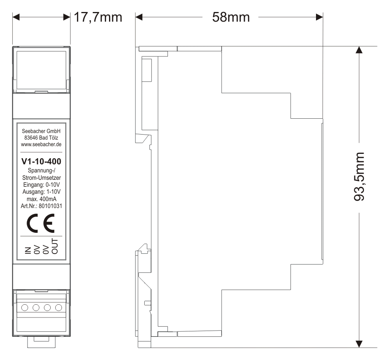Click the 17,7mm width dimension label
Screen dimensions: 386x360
[x=98, y=17]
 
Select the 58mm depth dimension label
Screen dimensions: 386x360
[x=231, y=17]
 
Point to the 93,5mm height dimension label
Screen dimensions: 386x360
[x=359, y=177]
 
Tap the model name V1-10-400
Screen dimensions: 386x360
[x=41, y=161]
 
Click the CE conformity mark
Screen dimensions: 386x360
[x=41, y=223]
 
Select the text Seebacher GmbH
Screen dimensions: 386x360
[x=41, y=131]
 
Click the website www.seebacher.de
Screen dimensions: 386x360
[x=41, y=145]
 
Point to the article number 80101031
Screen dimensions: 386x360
[x=50, y=206]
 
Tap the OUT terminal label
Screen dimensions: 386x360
[x=55, y=246]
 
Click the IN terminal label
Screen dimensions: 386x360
[x=28, y=250]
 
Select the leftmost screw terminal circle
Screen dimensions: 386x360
[x=25, y=307]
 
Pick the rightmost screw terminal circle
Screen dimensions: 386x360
[x=58, y=307]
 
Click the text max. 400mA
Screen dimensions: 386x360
[x=41, y=199]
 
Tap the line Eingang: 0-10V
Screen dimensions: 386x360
[x=41, y=184]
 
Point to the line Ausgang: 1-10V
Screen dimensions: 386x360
[x=41, y=192]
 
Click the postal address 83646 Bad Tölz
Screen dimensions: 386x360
[x=41, y=138]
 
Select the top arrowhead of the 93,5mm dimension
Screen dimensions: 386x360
[x=359, y=50]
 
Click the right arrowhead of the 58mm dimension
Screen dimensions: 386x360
[x=319, y=17]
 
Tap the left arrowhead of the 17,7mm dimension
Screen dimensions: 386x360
[x=16, y=17]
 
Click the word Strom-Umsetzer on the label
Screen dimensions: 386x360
[x=41, y=177]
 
